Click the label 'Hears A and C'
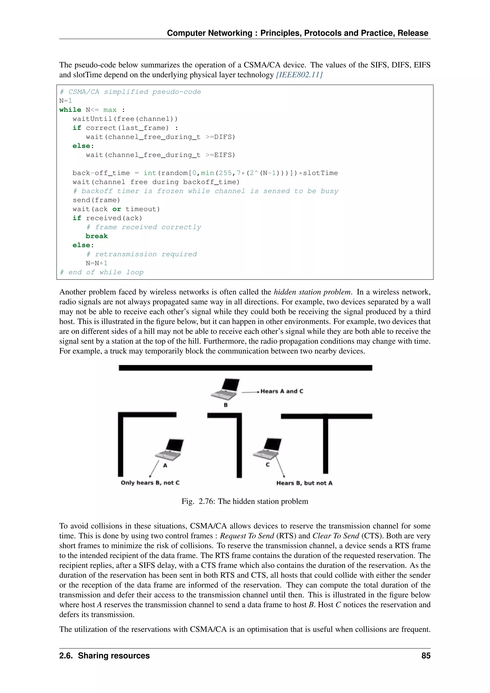[x=282, y=391]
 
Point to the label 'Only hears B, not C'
[x=150, y=483]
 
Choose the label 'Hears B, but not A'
[x=304, y=483]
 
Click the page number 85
[x=426, y=656]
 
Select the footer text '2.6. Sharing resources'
[x=104, y=656]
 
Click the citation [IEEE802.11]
[x=299, y=75]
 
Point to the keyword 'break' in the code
[x=97, y=236]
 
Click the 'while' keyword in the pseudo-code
[x=70, y=110]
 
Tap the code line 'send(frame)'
[x=96, y=200]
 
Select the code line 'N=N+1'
[x=97, y=263]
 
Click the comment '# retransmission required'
[x=141, y=254]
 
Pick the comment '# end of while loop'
[x=101, y=272]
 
